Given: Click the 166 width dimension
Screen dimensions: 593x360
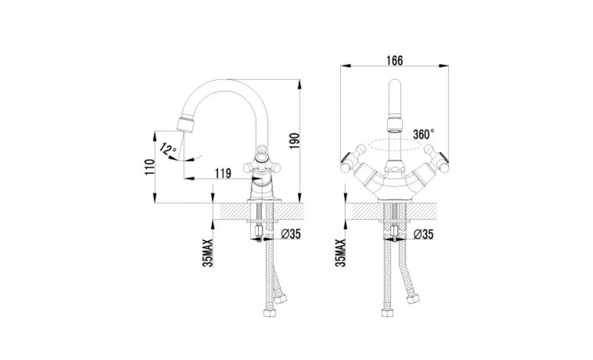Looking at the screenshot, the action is pos(394,60).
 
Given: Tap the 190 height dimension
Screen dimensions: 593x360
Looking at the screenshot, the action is pos(295,141).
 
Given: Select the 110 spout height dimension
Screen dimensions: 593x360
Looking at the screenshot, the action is pos(150,167).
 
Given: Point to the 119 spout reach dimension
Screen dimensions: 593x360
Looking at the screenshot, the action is pos(223,174).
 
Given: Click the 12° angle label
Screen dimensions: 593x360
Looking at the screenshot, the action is pos(168,148).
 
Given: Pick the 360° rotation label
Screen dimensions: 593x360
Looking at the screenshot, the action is pos(423,134).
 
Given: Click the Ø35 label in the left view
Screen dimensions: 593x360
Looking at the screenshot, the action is pos(291,234).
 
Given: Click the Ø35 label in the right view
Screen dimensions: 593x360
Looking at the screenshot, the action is pos(423,234).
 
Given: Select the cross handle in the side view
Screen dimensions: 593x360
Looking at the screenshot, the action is pos(261,159).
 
